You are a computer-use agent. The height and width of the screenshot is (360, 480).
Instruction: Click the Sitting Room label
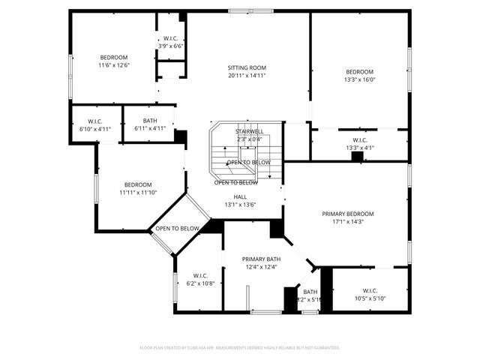tap(247, 67)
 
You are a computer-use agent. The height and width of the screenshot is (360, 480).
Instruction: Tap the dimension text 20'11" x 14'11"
tap(247, 75)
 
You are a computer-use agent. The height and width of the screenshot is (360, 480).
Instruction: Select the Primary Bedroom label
tap(347, 214)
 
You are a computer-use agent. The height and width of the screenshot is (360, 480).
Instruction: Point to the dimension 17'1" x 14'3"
tap(347, 222)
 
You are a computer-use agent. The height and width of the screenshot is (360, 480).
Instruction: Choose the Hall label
tap(240, 197)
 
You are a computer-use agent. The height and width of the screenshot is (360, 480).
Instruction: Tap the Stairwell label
tap(249, 132)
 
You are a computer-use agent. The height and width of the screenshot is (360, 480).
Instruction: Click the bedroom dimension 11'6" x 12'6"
tap(114, 65)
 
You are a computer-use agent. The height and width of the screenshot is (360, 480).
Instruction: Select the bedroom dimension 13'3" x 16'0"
tap(359, 79)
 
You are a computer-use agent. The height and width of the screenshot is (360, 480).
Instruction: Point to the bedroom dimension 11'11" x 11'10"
tap(138, 193)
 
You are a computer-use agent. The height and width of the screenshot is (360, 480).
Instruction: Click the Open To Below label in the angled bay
tap(178, 229)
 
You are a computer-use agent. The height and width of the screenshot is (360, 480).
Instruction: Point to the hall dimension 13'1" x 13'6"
tap(240, 205)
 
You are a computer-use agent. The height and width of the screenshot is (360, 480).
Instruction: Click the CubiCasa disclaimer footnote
tap(240, 347)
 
